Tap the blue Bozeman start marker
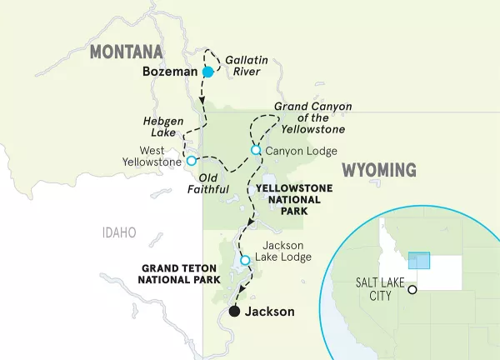coord(207,72)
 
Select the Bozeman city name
coord(170,72)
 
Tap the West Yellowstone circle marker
coord(191,160)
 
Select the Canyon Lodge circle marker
coord(256,150)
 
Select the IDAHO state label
coord(119,232)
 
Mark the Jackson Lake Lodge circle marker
coord(245,260)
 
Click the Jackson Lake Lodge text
coord(287,252)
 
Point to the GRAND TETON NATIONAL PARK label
coord(179,274)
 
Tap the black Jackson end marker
coord(235,312)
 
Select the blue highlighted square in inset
coord(419,260)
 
